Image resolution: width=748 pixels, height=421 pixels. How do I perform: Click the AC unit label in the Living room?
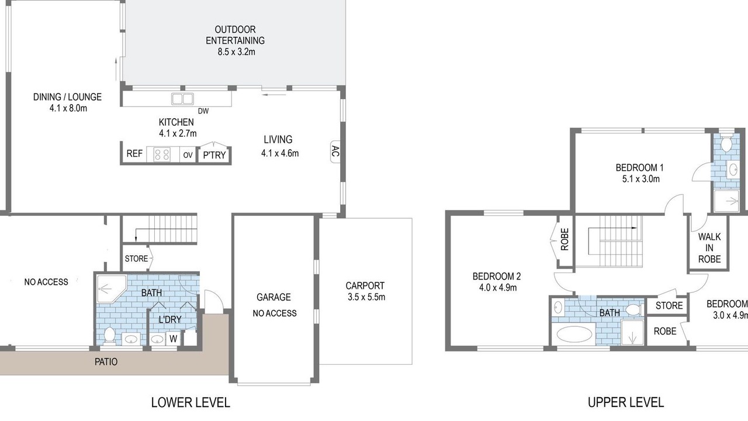coord(335,151)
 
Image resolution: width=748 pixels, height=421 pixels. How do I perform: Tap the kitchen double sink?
coord(182,99)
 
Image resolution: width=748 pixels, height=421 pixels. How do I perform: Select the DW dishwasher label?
coord(203,111)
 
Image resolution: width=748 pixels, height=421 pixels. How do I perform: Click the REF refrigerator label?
coord(134,153)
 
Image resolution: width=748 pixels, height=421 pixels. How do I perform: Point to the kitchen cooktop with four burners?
coord(162,155)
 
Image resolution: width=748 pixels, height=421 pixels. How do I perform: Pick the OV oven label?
coord(188,155)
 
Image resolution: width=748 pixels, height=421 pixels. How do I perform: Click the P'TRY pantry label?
coord(214,155)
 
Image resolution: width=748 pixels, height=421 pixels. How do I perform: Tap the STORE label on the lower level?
coord(136,258)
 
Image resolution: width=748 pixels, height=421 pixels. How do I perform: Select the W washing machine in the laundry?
coord(173,339)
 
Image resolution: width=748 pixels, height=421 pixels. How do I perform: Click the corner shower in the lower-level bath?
coord(111,289)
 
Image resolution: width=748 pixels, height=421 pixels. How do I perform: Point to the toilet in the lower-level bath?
coord(109,336)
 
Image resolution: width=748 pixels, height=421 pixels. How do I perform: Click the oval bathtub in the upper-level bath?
coord(574,334)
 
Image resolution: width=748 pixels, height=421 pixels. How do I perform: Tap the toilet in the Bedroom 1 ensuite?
coord(726,143)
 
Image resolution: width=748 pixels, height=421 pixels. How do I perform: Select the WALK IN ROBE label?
coord(709,248)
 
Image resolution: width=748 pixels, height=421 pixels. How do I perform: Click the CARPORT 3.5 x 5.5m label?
coord(366,291)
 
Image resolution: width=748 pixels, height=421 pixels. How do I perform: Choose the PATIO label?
coord(106,362)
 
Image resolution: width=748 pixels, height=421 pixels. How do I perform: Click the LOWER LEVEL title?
coord(191,403)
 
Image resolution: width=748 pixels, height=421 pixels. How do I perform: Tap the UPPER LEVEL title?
coord(626,403)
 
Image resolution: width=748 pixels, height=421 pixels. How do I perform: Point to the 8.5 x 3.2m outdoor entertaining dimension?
coord(237,52)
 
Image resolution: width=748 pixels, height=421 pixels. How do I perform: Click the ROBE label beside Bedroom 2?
coord(565,239)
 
